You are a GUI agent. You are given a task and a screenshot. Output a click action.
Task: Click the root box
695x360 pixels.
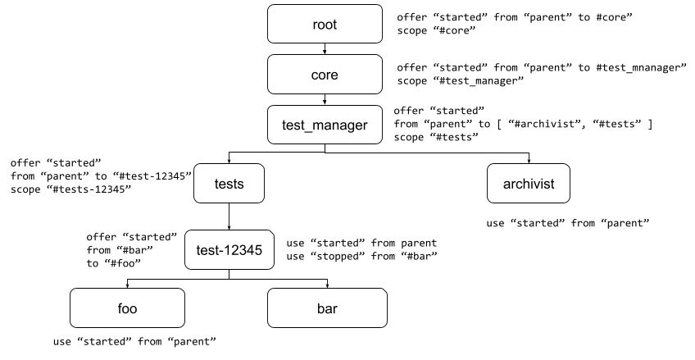click(x=325, y=25)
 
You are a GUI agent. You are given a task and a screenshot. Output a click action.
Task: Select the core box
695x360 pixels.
click(x=325, y=75)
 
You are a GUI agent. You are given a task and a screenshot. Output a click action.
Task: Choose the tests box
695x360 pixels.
click(x=229, y=184)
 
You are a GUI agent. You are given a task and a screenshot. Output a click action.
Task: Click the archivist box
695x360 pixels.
click(x=529, y=184)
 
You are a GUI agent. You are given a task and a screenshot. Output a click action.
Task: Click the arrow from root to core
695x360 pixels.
click(x=325, y=49)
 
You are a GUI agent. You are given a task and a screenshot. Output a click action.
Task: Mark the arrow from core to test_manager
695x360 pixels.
click(x=325, y=99)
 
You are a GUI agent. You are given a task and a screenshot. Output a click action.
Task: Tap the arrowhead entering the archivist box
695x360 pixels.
click(x=529, y=160)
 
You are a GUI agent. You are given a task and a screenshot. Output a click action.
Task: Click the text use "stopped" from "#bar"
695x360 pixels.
click(x=361, y=257)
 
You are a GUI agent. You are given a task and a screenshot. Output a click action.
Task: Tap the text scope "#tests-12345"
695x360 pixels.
click(x=71, y=190)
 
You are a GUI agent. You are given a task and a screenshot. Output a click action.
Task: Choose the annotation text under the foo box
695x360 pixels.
click(x=134, y=341)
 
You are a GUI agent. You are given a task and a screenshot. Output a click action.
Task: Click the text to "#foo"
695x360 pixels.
click(x=115, y=263)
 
